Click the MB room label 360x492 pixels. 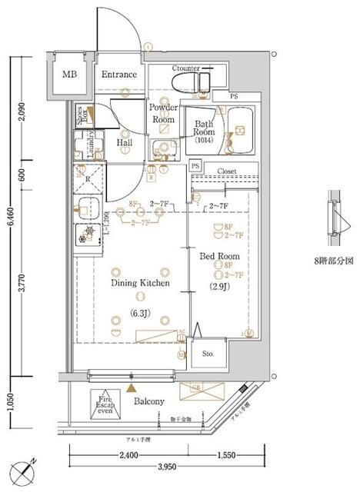[70, 75]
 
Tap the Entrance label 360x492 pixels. [118, 75]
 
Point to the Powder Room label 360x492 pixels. [163, 114]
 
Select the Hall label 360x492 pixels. [125, 143]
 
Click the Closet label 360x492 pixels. [226, 172]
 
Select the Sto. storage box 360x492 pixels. [207, 354]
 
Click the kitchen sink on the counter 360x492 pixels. [86, 207]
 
